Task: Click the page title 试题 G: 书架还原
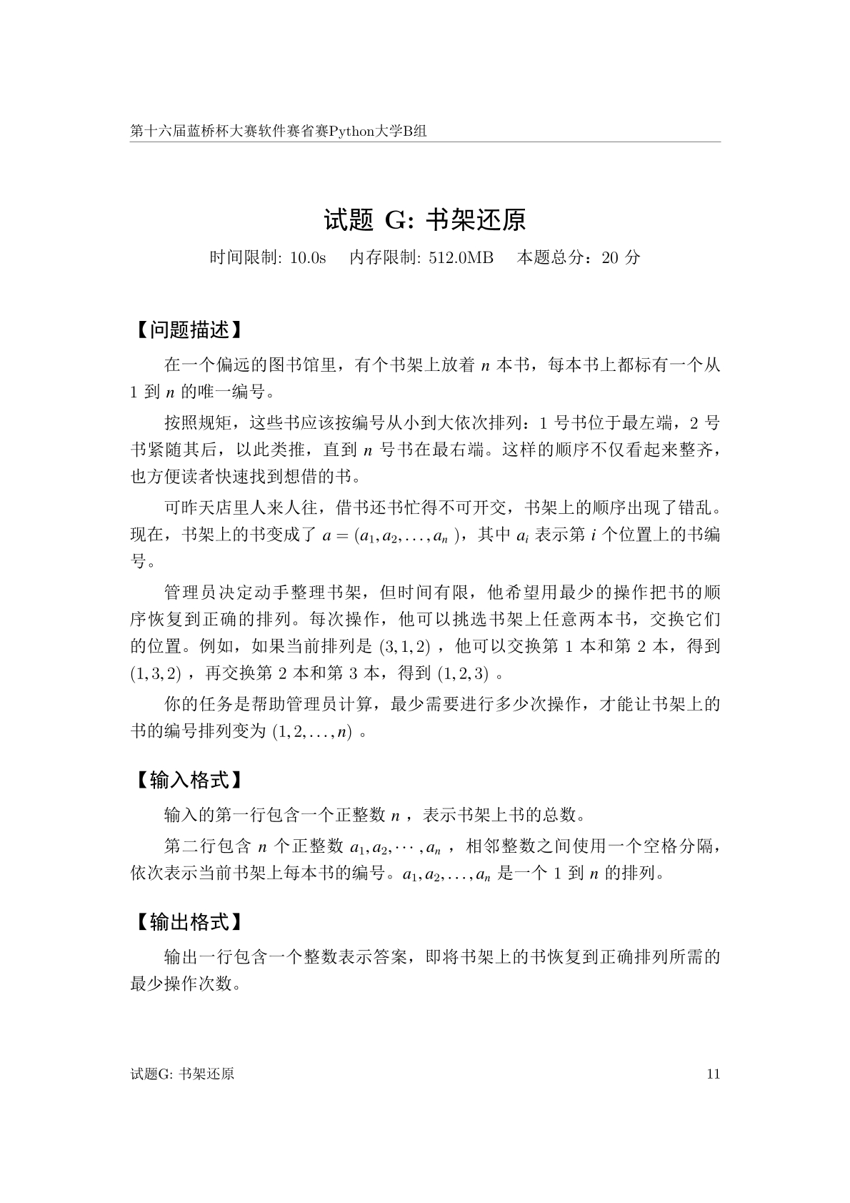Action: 425,220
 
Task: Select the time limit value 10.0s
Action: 308,258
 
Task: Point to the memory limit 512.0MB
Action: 461,258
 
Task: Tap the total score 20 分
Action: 621,258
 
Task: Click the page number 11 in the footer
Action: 712,1074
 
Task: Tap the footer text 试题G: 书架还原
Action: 183,1074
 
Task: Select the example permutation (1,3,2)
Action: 156,674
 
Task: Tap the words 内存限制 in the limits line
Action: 384,258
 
